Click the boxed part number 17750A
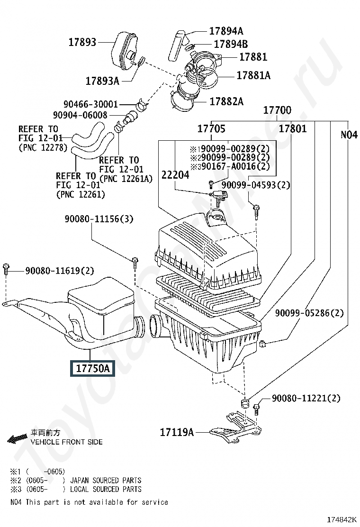(x=92, y=368)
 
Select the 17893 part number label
(x=82, y=42)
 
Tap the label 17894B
(x=231, y=44)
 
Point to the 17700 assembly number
(x=277, y=110)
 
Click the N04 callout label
(x=349, y=135)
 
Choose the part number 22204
(x=175, y=175)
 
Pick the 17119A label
(x=177, y=432)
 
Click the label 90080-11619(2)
(x=59, y=271)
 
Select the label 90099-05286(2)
(x=309, y=313)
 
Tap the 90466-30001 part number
(x=90, y=104)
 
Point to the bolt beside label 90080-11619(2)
(x=6, y=269)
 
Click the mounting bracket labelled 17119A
(x=235, y=427)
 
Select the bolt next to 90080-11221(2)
(x=256, y=409)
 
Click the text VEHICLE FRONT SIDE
(x=66, y=442)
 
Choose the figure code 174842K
(x=342, y=519)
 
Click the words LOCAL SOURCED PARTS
(x=106, y=489)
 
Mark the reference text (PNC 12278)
(x=43, y=147)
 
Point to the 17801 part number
(x=293, y=128)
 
